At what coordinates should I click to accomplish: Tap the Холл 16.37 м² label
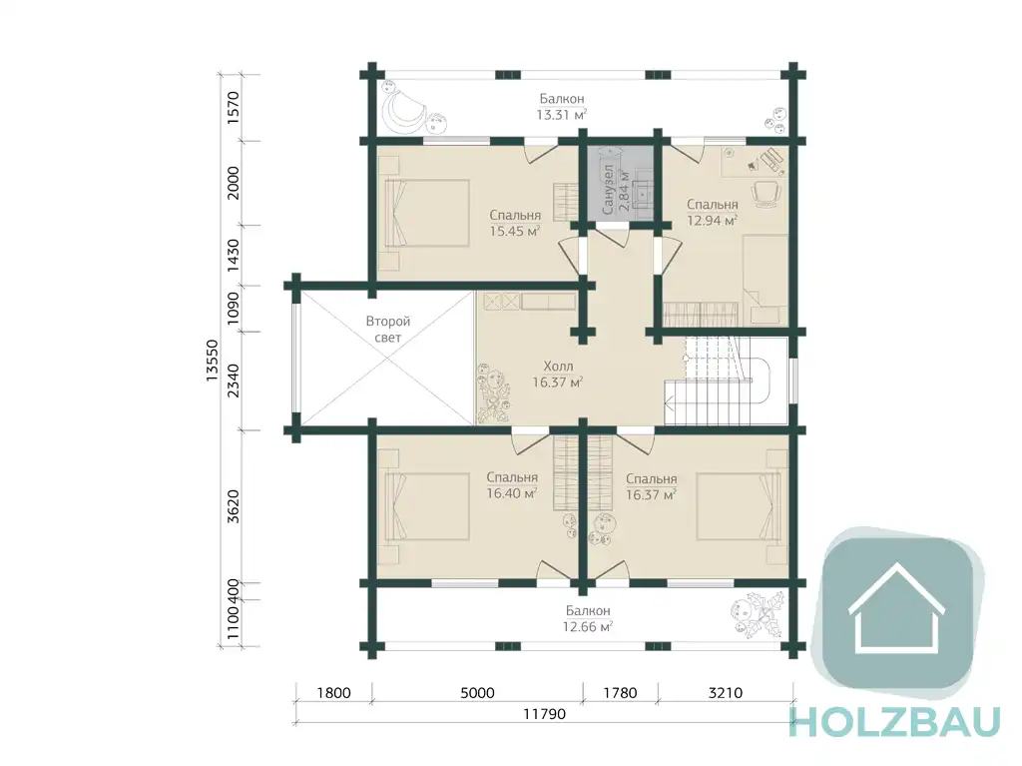click(x=558, y=375)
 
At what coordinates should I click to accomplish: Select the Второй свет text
click(x=388, y=330)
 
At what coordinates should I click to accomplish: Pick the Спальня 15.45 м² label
click(x=515, y=223)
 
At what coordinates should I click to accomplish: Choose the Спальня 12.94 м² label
click(x=712, y=213)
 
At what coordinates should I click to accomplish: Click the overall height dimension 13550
click(x=212, y=361)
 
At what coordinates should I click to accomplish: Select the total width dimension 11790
click(x=544, y=714)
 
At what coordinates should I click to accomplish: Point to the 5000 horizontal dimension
click(x=478, y=693)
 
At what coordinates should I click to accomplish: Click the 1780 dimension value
click(x=620, y=693)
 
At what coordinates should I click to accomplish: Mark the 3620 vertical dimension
click(x=234, y=506)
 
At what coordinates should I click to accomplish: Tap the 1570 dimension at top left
click(x=234, y=108)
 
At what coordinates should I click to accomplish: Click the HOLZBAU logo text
click(x=895, y=722)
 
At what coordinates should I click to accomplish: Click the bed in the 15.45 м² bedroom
click(x=427, y=214)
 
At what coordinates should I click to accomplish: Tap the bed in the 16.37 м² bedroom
click(x=739, y=507)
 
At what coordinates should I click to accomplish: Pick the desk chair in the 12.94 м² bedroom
click(x=766, y=194)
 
